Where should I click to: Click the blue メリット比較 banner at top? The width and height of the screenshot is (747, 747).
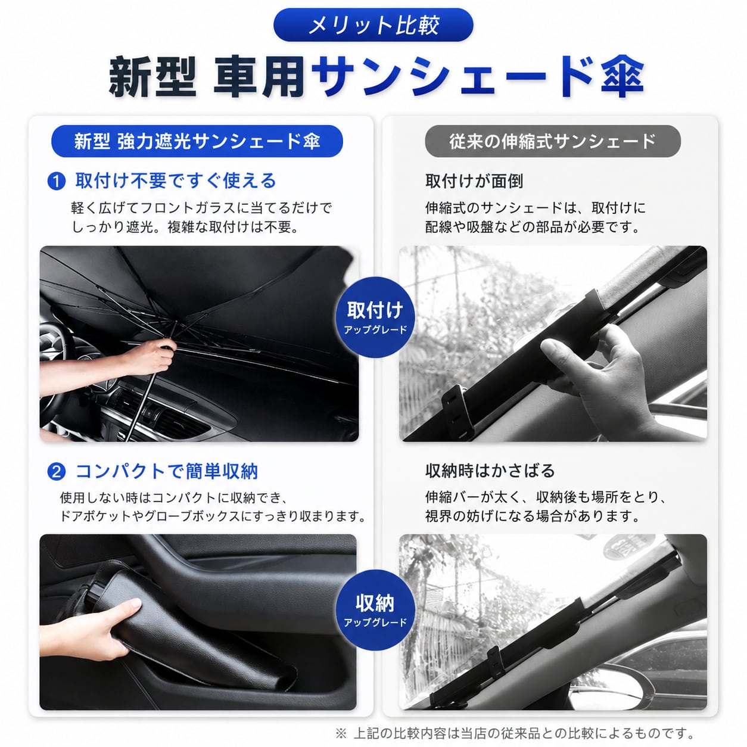[x=373, y=25]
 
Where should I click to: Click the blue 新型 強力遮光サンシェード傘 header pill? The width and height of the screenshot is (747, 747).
[x=197, y=141]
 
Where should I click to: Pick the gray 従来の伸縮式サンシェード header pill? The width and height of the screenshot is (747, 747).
[x=553, y=141]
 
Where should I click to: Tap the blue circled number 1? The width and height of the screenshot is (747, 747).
[x=56, y=182]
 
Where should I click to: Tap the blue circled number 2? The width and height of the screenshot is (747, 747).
[x=56, y=472]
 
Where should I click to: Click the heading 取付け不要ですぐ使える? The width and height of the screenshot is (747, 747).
[x=176, y=181]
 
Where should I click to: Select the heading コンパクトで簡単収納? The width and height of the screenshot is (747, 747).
[x=167, y=471]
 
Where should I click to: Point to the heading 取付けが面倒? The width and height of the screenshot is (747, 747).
[x=474, y=181]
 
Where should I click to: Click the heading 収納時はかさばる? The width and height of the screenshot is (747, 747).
[x=490, y=471]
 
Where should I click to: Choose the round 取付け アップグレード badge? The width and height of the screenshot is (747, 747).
[x=375, y=317]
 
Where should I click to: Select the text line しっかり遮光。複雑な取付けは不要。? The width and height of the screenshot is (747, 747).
[x=186, y=227]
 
